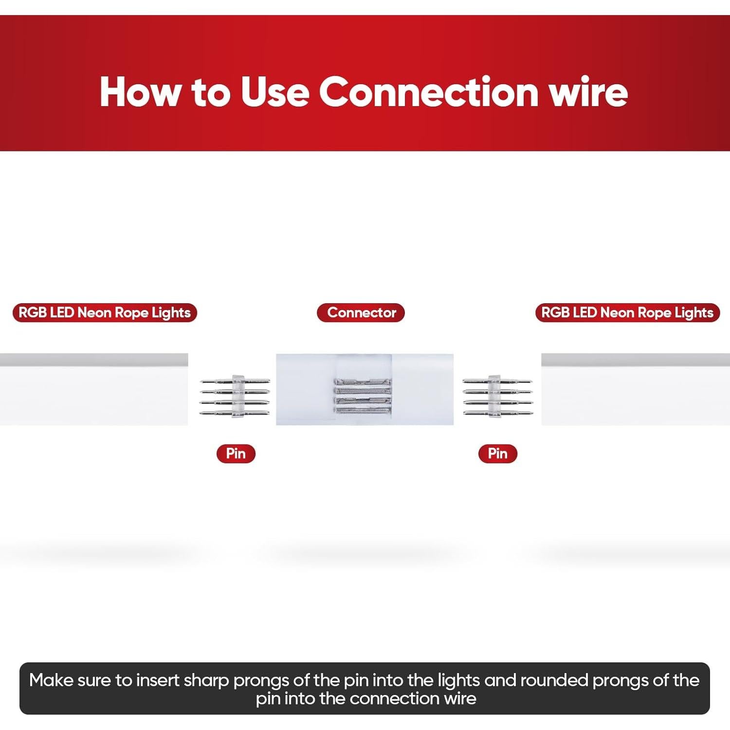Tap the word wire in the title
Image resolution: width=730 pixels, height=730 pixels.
pyautogui.click(x=589, y=91)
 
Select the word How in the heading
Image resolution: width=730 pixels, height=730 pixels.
pyautogui.click(x=140, y=91)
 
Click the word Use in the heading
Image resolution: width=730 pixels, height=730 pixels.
pyautogui.click(x=275, y=91)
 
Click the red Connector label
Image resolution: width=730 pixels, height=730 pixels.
pyautogui.click(x=361, y=312)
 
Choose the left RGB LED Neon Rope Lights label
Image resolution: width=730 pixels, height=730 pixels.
pyautogui.click(x=105, y=312)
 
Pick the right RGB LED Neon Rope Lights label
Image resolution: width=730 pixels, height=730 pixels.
pyautogui.click(x=627, y=312)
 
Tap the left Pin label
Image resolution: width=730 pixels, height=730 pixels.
pyautogui.click(x=236, y=454)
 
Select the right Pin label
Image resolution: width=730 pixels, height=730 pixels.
pyautogui.click(x=497, y=454)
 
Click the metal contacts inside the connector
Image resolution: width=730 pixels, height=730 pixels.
pyautogui.click(x=363, y=396)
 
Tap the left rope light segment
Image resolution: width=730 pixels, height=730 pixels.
pyautogui.click(x=94, y=389)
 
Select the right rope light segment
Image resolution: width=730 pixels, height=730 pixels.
pyautogui.click(x=636, y=389)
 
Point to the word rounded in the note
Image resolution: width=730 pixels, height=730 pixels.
pyautogui.click(x=554, y=680)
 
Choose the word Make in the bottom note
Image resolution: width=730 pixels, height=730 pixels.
pyautogui.click(x=51, y=680)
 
